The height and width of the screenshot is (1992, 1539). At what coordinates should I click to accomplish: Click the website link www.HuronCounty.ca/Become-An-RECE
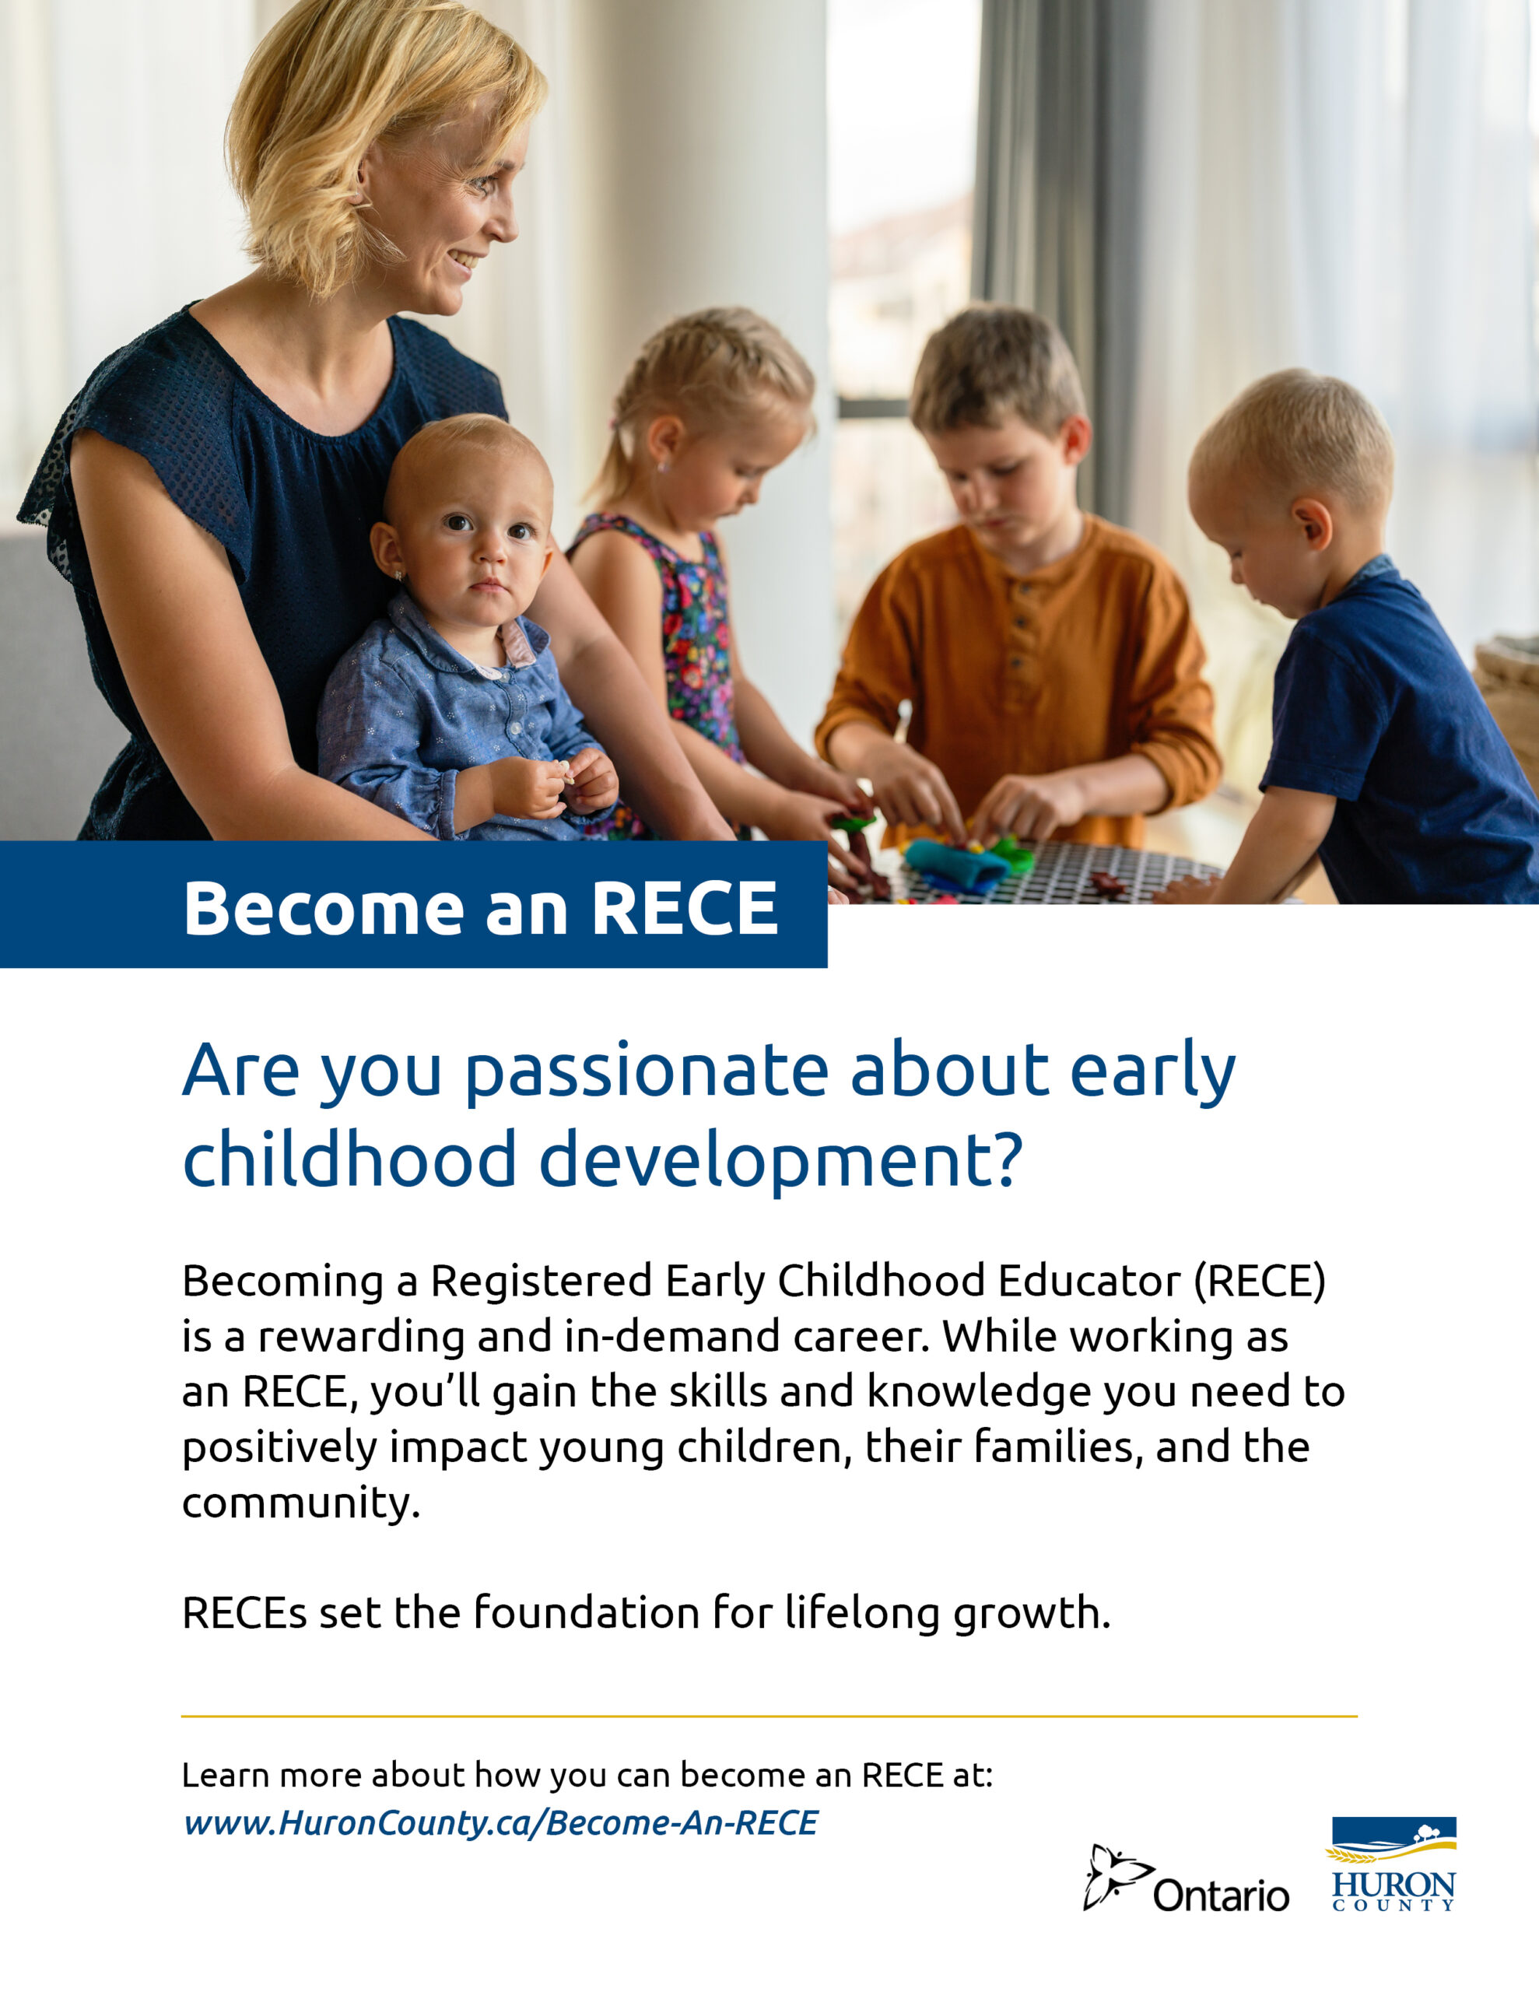[501, 1822]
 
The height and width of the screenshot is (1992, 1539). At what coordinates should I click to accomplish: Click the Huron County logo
[1393, 1864]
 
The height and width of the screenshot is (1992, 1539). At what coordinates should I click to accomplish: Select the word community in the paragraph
[301, 1503]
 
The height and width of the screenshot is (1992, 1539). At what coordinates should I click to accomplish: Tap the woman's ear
[363, 185]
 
